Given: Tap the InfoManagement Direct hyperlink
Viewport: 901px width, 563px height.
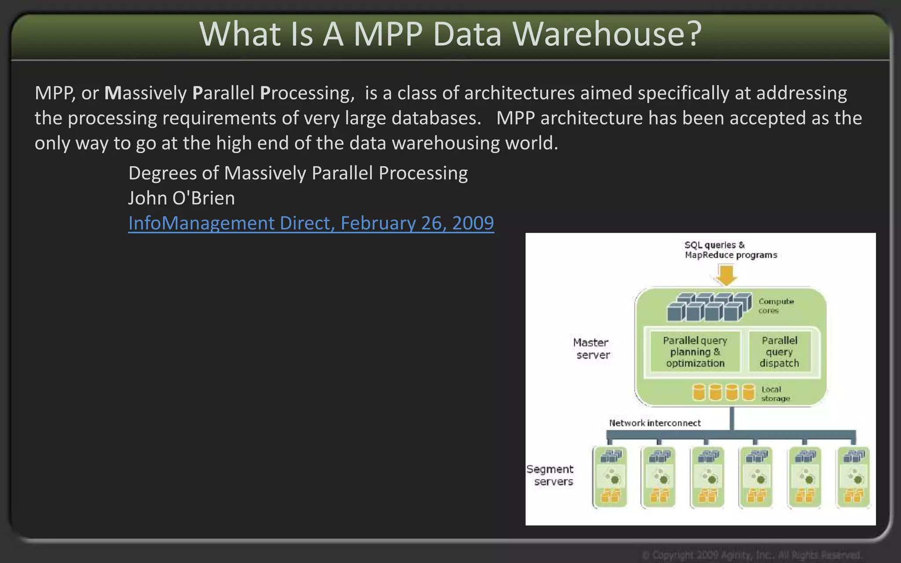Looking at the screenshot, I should click(311, 223).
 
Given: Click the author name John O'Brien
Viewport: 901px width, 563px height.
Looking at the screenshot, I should click(181, 198).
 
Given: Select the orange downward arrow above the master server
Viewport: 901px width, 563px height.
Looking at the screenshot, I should click(726, 275).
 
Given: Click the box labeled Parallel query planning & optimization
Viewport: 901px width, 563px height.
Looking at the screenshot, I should click(695, 352).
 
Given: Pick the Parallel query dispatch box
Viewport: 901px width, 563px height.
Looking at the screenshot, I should click(779, 352).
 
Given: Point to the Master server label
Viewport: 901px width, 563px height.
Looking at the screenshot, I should click(592, 348).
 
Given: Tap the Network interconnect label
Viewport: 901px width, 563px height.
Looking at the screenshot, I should click(655, 423).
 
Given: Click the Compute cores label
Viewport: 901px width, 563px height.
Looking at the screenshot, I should click(776, 306).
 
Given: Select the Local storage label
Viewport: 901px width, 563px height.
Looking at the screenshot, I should click(775, 394).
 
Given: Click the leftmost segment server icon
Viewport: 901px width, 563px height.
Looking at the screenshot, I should click(610, 477).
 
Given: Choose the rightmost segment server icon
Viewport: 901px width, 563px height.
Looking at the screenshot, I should click(853, 477).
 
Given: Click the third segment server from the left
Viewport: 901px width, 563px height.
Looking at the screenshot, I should click(707, 477).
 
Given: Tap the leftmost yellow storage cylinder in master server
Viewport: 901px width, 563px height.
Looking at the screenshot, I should click(699, 392).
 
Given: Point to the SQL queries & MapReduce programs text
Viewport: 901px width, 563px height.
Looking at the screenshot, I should click(730, 250).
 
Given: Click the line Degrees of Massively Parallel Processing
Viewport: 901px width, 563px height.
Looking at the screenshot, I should click(298, 173).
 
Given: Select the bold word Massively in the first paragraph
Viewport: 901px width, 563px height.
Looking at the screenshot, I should click(146, 93).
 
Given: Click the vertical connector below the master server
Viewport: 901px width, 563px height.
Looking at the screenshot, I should click(732, 418).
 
